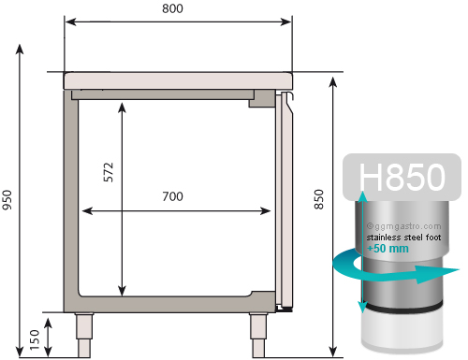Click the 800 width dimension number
[x=172, y=8]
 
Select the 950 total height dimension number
[x=7, y=200]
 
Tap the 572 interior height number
[x=109, y=172]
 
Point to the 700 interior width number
[x=173, y=196]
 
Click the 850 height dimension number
[x=319, y=199]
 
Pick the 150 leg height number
[x=35, y=339]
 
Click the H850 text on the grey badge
[x=402, y=177]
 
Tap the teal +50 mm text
[x=388, y=249]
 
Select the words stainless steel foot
[x=403, y=238]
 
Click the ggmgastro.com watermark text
[x=404, y=226]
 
